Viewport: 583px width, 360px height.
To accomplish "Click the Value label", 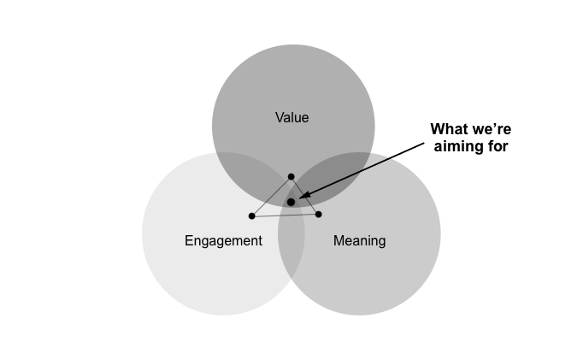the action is [x=291, y=117].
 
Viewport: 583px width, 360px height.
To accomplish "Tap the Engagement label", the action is [x=223, y=241].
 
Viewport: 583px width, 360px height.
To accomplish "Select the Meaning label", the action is [x=359, y=241].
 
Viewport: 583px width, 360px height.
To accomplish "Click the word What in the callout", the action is [x=450, y=129].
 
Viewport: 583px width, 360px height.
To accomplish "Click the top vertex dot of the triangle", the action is [x=291, y=176].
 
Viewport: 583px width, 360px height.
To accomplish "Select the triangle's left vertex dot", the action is [x=251, y=215].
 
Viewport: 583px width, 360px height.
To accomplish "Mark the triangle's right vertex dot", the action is [x=318, y=214].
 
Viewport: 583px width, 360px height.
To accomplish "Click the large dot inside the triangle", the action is [x=291, y=202].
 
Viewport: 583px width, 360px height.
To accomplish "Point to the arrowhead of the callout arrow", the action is [x=302, y=197].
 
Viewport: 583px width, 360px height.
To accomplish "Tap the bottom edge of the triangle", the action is [x=285, y=215].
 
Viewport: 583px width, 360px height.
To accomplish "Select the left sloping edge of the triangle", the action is [x=271, y=196].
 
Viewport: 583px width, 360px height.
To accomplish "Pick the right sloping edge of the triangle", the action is [x=305, y=196].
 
